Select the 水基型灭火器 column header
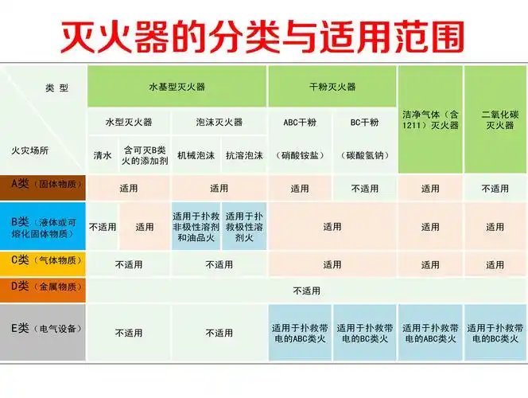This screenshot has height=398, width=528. [x=177, y=86]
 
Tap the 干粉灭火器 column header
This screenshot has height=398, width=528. [x=332, y=86]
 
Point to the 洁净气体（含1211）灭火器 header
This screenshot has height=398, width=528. [x=430, y=119]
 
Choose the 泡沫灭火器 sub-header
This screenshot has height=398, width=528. [x=219, y=123]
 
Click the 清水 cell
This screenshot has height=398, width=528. [x=103, y=155]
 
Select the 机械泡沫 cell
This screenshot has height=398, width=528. [x=196, y=155]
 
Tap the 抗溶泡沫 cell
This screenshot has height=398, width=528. [x=244, y=155]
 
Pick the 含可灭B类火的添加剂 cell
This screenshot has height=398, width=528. [x=145, y=155]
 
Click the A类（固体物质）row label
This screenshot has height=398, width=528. [x=44, y=185]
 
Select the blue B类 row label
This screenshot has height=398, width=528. [x=44, y=226]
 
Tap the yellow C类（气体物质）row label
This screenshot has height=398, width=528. [x=44, y=260]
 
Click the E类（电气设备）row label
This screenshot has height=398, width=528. [x=44, y=328]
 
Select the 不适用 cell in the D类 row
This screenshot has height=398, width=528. [x=306, y=291]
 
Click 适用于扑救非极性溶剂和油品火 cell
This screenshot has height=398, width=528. [x=196, y=226]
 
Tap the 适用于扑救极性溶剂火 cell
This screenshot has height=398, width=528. [x=244, y=226]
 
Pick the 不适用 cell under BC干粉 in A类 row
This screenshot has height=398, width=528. [x=365, y=189]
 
